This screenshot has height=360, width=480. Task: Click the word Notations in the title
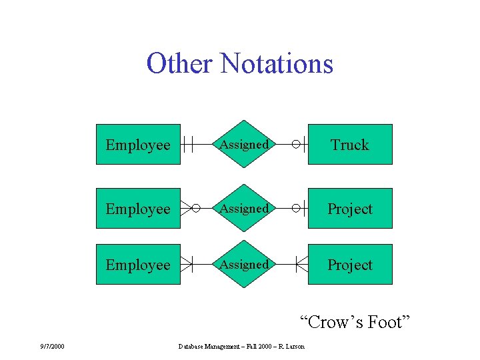277,64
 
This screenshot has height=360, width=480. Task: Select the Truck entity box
350,145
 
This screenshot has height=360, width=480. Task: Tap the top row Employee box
138,145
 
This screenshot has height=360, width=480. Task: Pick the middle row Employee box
138,209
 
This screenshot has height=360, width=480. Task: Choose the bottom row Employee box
138,265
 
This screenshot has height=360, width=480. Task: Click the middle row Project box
350,209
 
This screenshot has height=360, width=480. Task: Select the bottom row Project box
350,265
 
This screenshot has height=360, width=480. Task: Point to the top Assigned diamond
245,144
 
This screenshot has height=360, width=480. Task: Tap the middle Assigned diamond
245,208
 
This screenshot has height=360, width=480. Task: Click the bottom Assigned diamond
245,264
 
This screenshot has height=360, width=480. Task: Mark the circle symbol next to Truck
296,144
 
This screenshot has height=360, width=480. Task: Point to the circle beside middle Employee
195,208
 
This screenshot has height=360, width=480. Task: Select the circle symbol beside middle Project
296,208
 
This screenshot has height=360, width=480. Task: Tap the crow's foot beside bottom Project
301,264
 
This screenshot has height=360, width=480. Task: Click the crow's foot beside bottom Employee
186,264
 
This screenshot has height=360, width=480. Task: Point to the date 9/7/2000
52,346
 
